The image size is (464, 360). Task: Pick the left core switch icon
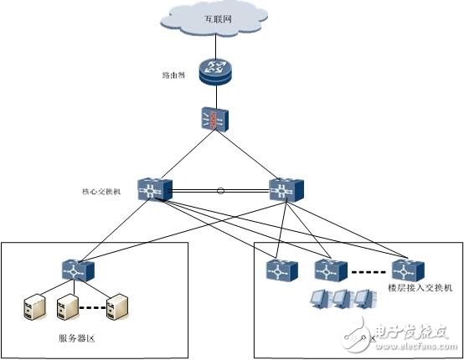click(x=156, y=190)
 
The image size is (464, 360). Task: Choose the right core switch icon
click(x=281, y=190)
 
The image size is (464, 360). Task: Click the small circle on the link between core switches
click(x=220, y=191)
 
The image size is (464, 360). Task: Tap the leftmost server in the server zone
click(x=30, y=308)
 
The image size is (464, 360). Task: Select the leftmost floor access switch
click(x=277, y=270)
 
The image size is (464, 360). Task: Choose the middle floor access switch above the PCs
click(x=327, y=270)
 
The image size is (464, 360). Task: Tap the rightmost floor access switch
click(x=406, y=270)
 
